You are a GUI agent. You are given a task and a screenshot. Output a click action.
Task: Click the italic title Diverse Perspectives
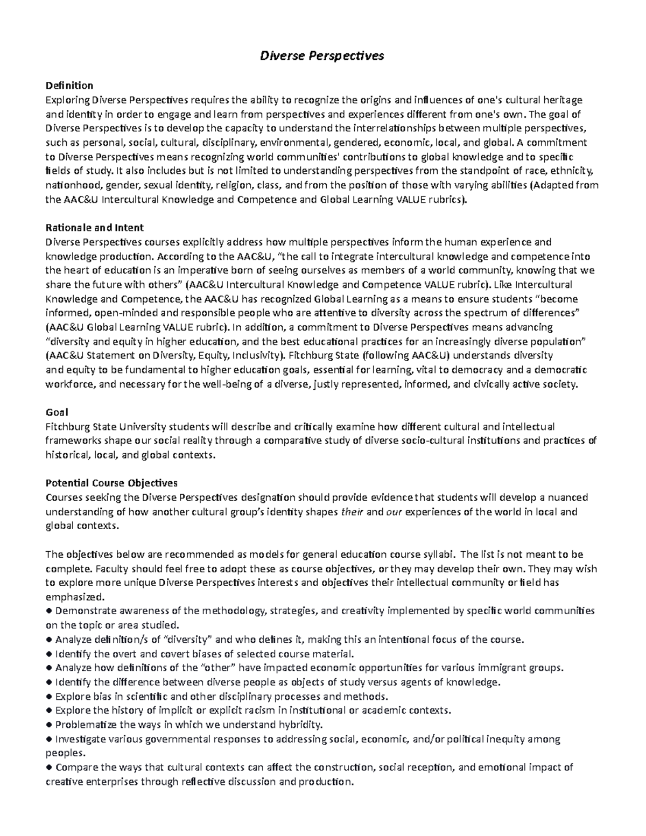322,56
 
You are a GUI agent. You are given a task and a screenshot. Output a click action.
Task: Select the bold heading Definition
69,86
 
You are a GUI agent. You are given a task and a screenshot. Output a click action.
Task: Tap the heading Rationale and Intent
94,228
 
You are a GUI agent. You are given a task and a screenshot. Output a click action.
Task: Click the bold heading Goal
57,412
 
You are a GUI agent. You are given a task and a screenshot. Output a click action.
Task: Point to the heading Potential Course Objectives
111,483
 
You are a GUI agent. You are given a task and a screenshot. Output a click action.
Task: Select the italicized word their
353,512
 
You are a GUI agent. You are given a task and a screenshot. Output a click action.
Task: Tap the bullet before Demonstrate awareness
49,611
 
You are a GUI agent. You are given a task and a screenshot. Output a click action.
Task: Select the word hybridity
301,725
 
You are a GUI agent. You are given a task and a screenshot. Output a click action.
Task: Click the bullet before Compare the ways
49,768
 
